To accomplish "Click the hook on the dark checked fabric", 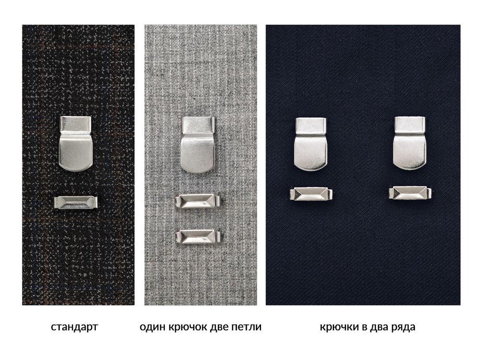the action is pos(76,144).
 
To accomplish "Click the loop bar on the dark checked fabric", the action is pos(76,202).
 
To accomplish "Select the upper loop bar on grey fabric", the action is pos(198,201).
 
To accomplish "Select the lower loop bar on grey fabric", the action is pos(198,236).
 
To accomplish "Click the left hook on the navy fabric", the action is pos(311,144).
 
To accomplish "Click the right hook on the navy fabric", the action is pos(410,143).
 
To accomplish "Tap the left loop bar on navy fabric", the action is pos(311,194).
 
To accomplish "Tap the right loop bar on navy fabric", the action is pos(410,193).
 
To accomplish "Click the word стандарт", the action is pos(75,327).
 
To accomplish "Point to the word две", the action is pos(219,327).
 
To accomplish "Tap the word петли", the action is pos(246,327).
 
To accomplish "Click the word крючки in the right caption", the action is pos(339,327).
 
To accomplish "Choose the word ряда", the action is pos(403,327).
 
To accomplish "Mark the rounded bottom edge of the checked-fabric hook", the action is pos(76,168).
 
